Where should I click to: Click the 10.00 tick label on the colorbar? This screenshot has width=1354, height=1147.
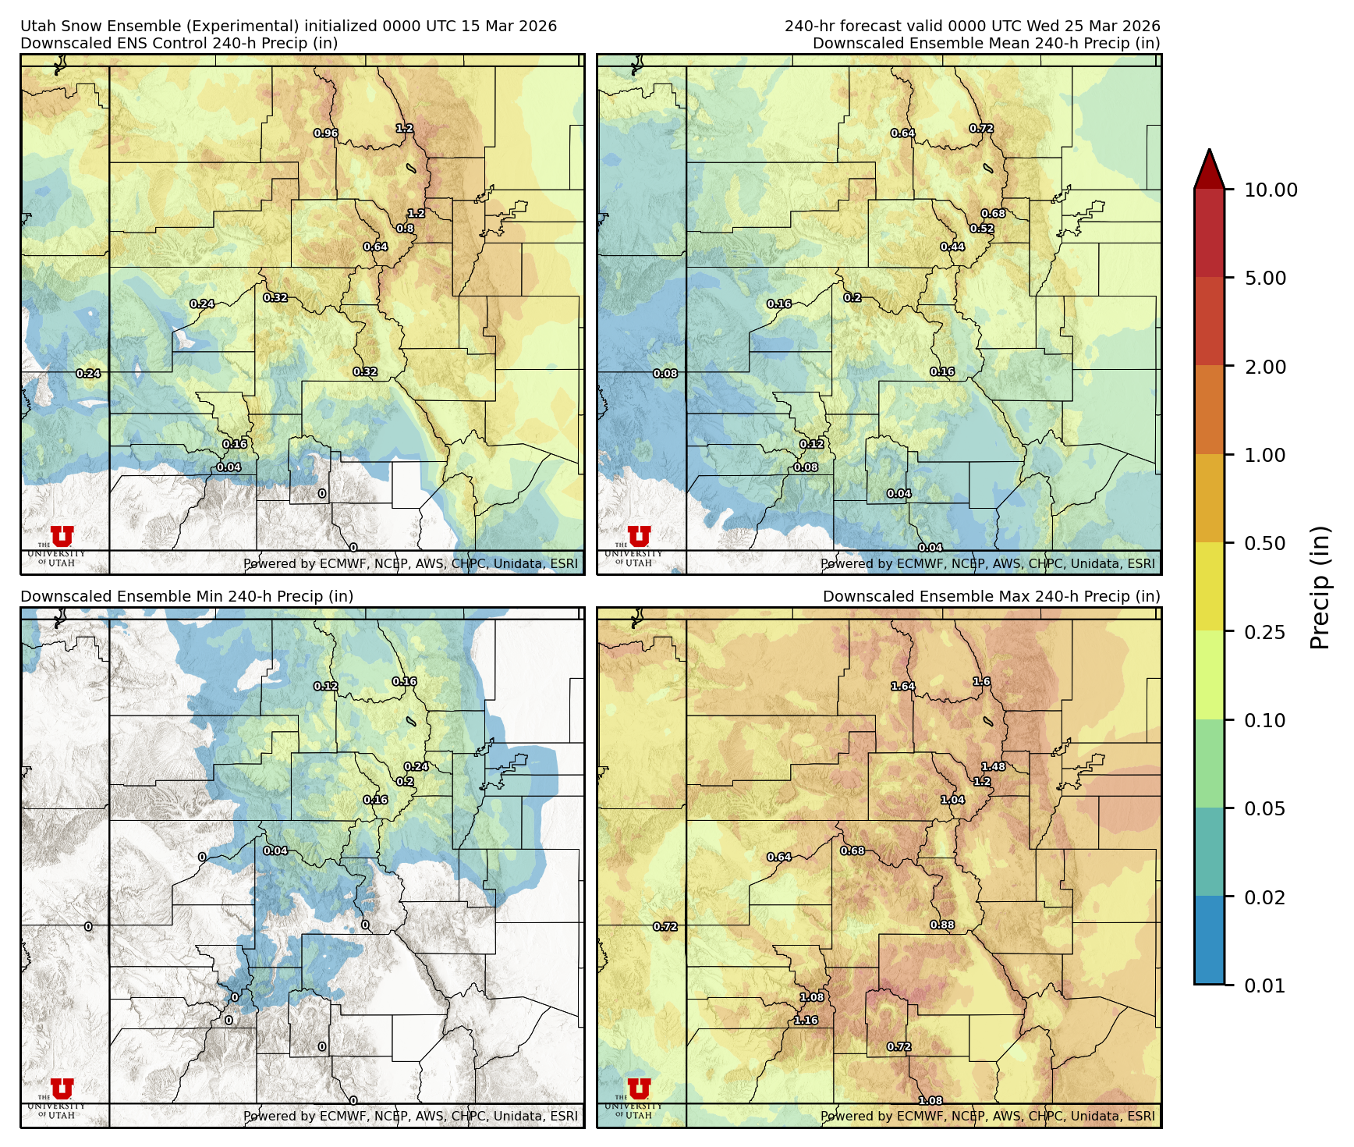(x=1270, y=190)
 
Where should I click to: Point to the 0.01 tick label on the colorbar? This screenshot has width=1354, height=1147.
(x=1264, y=985)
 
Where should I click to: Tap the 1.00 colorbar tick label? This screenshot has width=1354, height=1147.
(x=1264, y=455)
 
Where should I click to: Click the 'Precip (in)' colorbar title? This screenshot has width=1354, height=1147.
(x=1320, y=588)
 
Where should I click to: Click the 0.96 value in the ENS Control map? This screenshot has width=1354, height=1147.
(x=326, y=133)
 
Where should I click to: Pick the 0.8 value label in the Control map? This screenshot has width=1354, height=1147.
(x=405, y=229)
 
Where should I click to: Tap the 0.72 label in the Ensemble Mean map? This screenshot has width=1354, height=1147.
(x=981, y=128)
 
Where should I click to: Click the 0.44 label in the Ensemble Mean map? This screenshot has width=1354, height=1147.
(x=952, y=247)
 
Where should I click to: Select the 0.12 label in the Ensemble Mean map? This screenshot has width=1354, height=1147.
(x=811, y=444)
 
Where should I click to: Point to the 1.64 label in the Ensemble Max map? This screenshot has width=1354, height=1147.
(x=902, y=687)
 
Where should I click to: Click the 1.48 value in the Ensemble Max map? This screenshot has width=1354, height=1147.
(x=993, y=766)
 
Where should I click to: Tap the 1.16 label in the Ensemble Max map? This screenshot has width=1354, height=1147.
(x=806, y=1021)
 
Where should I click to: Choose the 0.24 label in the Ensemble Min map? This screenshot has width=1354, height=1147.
(x=416, y=766)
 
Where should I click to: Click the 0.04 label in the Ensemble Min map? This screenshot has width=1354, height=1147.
(x=275, y=850)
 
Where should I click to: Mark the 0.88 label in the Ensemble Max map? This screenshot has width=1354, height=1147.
(x=941, y=925)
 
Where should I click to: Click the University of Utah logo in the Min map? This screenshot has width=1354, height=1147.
(x=62, y=1090)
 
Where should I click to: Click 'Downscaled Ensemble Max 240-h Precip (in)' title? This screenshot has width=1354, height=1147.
(x=991, y=596)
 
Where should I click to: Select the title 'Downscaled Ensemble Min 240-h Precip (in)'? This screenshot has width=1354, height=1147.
(x=186, y=596)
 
